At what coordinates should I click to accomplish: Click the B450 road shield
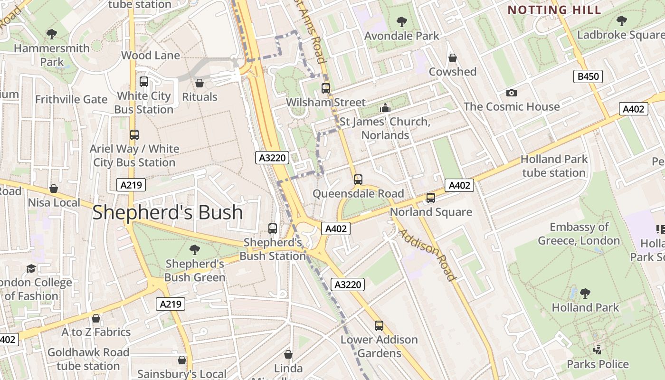point(588,76)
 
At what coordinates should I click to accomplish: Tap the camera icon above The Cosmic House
point(512,93)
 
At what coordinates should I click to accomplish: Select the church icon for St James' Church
point(385,108)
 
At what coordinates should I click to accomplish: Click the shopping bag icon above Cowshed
point(453,58)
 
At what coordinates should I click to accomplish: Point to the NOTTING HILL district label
point(554,9)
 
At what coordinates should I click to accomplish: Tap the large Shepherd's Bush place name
point(168,212)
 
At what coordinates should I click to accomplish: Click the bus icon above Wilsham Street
point(326,88)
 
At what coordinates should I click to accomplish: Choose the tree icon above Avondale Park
point(401,21)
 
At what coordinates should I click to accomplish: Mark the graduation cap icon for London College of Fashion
point(31,268)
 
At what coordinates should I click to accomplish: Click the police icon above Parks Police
point(598,350)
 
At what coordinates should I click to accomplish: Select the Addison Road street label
point(427,254)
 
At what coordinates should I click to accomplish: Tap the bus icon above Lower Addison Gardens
point(379,325)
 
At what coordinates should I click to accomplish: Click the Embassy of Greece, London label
point(579,234)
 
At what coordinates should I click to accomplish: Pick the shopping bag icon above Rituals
point(199,83)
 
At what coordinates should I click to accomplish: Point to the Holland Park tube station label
point(554,166)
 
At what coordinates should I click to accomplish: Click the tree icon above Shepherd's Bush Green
point(195,249)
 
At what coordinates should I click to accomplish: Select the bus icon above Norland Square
point(431,198)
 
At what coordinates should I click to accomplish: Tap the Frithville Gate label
point(71,99)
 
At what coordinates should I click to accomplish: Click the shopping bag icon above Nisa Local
point(54,189)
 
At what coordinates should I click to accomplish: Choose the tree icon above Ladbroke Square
point(621,20)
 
